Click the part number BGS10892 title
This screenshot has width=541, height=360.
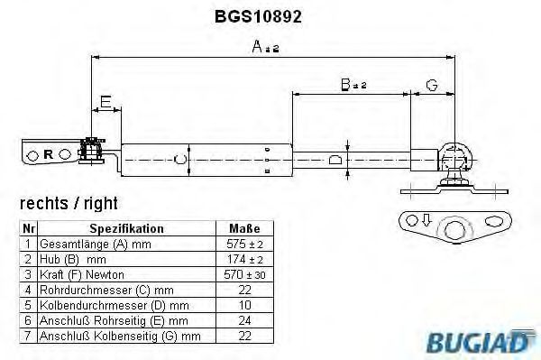258,16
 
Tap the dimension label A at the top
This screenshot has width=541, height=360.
257,46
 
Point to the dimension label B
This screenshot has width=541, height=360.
345,85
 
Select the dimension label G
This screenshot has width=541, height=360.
432,85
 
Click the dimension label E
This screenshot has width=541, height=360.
105,102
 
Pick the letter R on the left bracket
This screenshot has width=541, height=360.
49,154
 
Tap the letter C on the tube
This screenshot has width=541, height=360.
180,160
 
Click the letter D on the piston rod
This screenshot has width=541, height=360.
335,160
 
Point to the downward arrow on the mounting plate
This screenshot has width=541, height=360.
426,219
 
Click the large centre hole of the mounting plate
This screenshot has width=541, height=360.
455,229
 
